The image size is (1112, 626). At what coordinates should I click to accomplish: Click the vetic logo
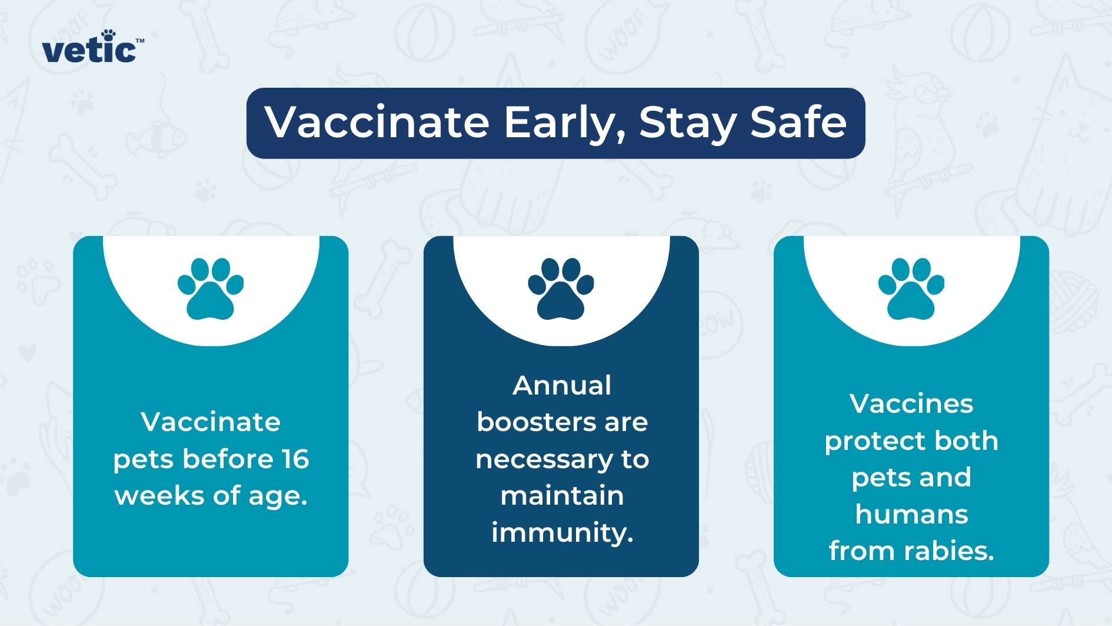pyautogui.click(x=92, y=47)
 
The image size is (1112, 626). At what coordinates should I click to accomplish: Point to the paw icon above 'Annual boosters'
pyautogui.click(x=561, y=289)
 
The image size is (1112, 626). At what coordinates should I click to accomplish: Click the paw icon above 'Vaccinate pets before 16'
pyautogui.click(x=211, y=289)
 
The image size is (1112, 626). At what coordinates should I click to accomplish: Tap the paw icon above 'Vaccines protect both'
pyautogui.click(x=911, y=289)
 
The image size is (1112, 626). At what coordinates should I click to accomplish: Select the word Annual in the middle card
pyautogui.click(x=562, y=386)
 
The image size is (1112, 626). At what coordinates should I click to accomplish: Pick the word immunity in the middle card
pyautogui.click(x=562, y=532)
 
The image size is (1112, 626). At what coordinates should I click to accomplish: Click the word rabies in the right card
pyautogui.click(x=949, y=551)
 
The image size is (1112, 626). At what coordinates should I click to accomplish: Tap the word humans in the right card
pyautogui.click(x=911, y=514)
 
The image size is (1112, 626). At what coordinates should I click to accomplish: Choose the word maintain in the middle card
pyautogui.click(x=562, y=495)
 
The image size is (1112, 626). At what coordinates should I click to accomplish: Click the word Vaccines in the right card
pyautogui.click(x=911, y=404)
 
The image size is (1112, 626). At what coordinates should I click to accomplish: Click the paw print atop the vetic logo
pyautogui.click(x=108, y=35)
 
